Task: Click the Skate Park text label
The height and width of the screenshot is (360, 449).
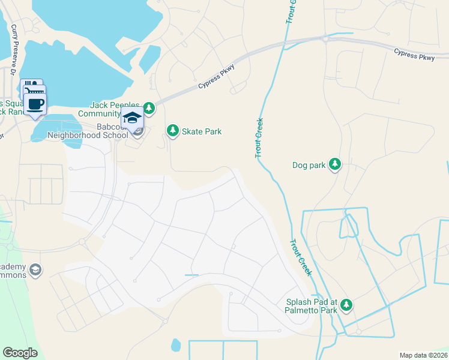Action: coord(202,131)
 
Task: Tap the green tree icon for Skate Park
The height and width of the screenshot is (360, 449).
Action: coord(173,131)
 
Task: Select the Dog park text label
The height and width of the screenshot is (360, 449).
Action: coord(308,165)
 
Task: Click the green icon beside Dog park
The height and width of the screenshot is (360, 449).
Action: coord(335,164)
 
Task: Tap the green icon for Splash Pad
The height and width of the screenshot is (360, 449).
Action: coord(346,306)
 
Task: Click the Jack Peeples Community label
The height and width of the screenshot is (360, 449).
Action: coord(115,109)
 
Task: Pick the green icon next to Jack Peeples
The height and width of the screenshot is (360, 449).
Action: coord(148,109)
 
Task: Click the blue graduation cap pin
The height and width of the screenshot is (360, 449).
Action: coord(132,117)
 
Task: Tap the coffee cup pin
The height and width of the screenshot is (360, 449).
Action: coord(35,104)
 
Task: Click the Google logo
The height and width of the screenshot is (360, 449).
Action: coord(20,353)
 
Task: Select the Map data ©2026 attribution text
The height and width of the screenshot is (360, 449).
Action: coord(423,355)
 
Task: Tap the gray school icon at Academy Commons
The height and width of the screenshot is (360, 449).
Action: coord(35,270)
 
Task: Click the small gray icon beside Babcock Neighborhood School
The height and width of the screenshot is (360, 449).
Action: coord(138,131)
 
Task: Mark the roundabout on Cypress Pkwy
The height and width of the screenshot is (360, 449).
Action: coord(325,38)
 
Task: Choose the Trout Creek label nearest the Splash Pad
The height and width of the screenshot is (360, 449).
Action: coord(301,258)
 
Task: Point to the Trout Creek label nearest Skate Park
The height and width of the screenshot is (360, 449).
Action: coord(259,138)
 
